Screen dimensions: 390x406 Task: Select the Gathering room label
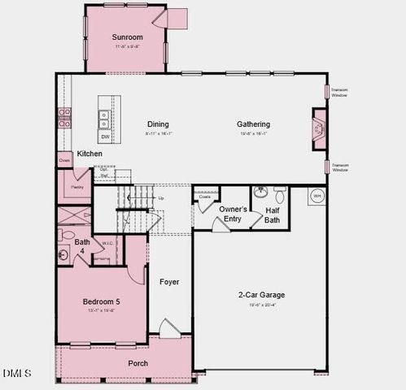[x=253, y=123]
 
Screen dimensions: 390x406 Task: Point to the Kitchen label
[x=89, y=154]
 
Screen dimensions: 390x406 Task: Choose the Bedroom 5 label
[x=102, y=302]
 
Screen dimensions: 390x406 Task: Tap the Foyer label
[x=169, y=282]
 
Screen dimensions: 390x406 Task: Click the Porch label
[x=138, y=363]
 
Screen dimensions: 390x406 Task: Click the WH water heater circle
[x=317, y=196]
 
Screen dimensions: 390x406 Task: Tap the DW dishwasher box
[x=105, y=137]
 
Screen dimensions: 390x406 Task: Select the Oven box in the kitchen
[x=64, y=161]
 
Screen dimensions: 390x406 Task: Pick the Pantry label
[x=77, y=187]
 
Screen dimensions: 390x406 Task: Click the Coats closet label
[x=205, y=196]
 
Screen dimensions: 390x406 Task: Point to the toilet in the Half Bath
[x=279, y=194]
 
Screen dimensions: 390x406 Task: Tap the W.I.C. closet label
[x=107, y=242]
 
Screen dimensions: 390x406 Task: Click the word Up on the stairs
[x=160, y=198]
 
